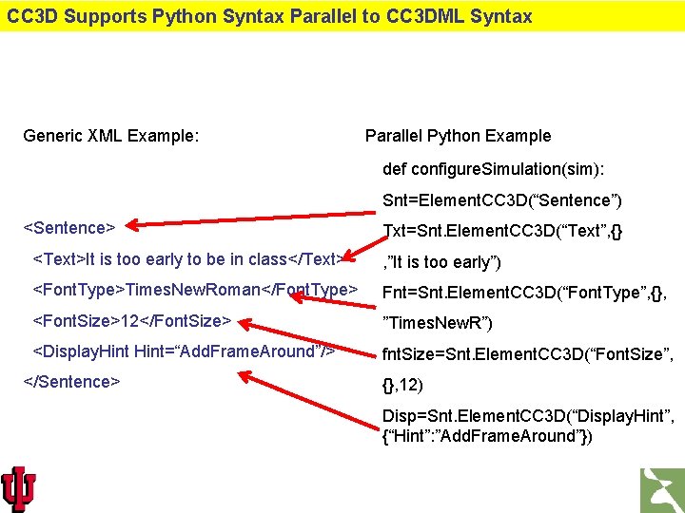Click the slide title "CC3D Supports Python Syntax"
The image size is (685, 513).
point(269,16)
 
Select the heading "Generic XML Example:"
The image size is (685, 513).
point(111,136)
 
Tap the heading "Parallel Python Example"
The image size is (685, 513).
point(458,136)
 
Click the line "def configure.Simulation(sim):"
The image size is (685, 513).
point(494,168)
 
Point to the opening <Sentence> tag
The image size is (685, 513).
point(68,228)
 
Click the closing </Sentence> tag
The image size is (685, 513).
point(71,382)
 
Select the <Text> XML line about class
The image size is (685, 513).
point(187,259)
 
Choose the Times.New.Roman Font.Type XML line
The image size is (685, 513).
point(195,289)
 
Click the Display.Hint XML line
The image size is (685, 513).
point(184,351)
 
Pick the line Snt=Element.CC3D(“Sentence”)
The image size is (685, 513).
point(502,199)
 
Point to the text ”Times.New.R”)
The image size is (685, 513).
point(437,324)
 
